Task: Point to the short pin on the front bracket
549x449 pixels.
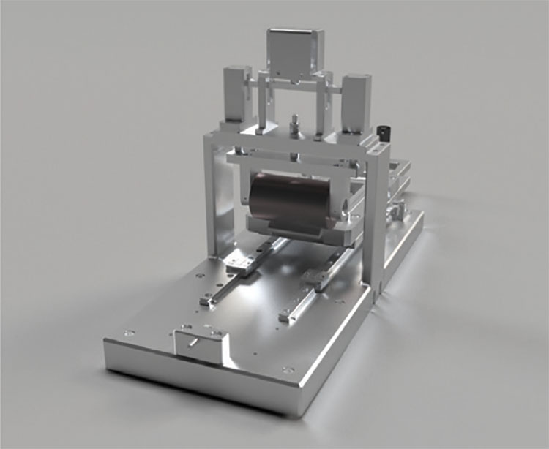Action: [x=193, y=341]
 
